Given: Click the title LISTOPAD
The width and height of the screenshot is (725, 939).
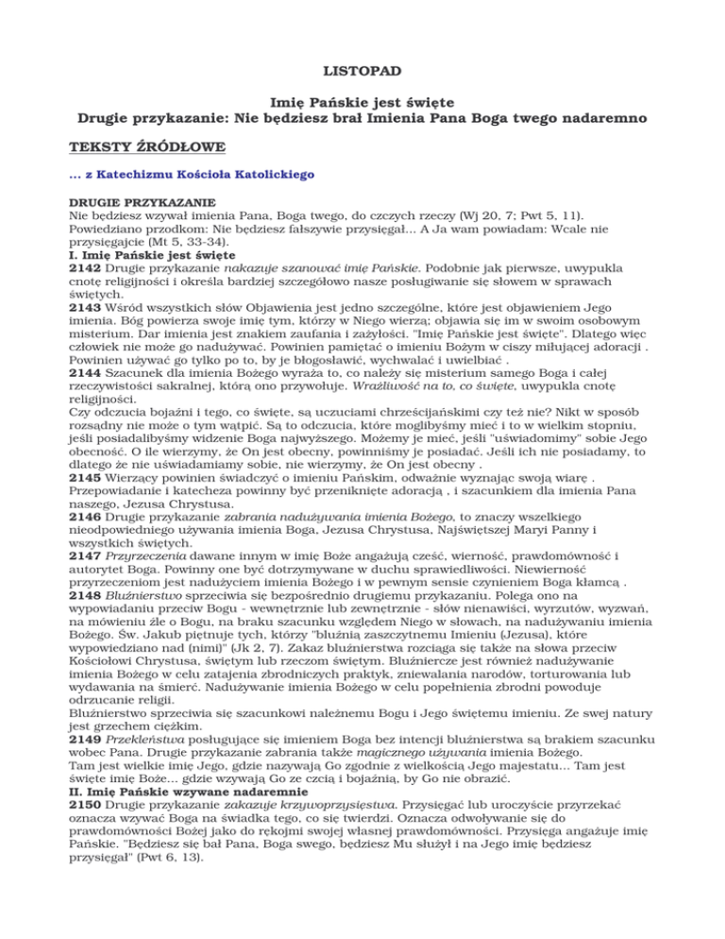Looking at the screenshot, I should point(362,69).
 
